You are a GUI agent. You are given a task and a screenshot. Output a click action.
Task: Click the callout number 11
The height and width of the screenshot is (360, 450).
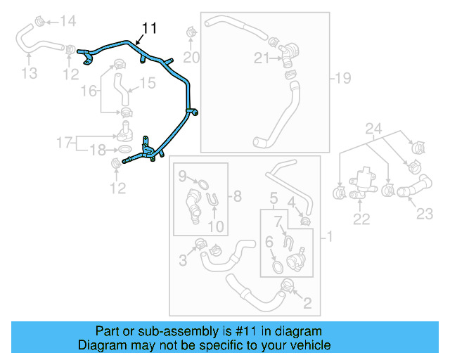coord(148,28)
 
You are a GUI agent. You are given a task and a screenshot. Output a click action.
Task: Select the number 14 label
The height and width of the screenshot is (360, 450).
coord(67,21)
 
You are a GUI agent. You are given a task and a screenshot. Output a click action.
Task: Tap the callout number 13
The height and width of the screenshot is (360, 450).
coord(30,72)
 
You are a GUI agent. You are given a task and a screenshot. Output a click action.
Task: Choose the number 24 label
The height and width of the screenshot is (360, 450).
coord(373,129)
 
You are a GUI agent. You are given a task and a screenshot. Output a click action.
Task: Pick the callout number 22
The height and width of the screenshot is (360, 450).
coord(361,219)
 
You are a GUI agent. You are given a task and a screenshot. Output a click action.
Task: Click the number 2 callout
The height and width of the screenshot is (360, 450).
coord(307,303)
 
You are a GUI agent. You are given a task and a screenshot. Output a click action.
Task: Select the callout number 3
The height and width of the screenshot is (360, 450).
coord(183,261)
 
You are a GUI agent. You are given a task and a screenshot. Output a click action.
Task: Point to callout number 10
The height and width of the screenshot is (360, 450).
coord(216,226)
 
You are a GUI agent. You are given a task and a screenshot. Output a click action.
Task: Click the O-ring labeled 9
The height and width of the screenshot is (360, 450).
coord(200,185)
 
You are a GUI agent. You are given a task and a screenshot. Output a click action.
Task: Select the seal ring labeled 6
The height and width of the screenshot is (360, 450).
coord(277,267)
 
